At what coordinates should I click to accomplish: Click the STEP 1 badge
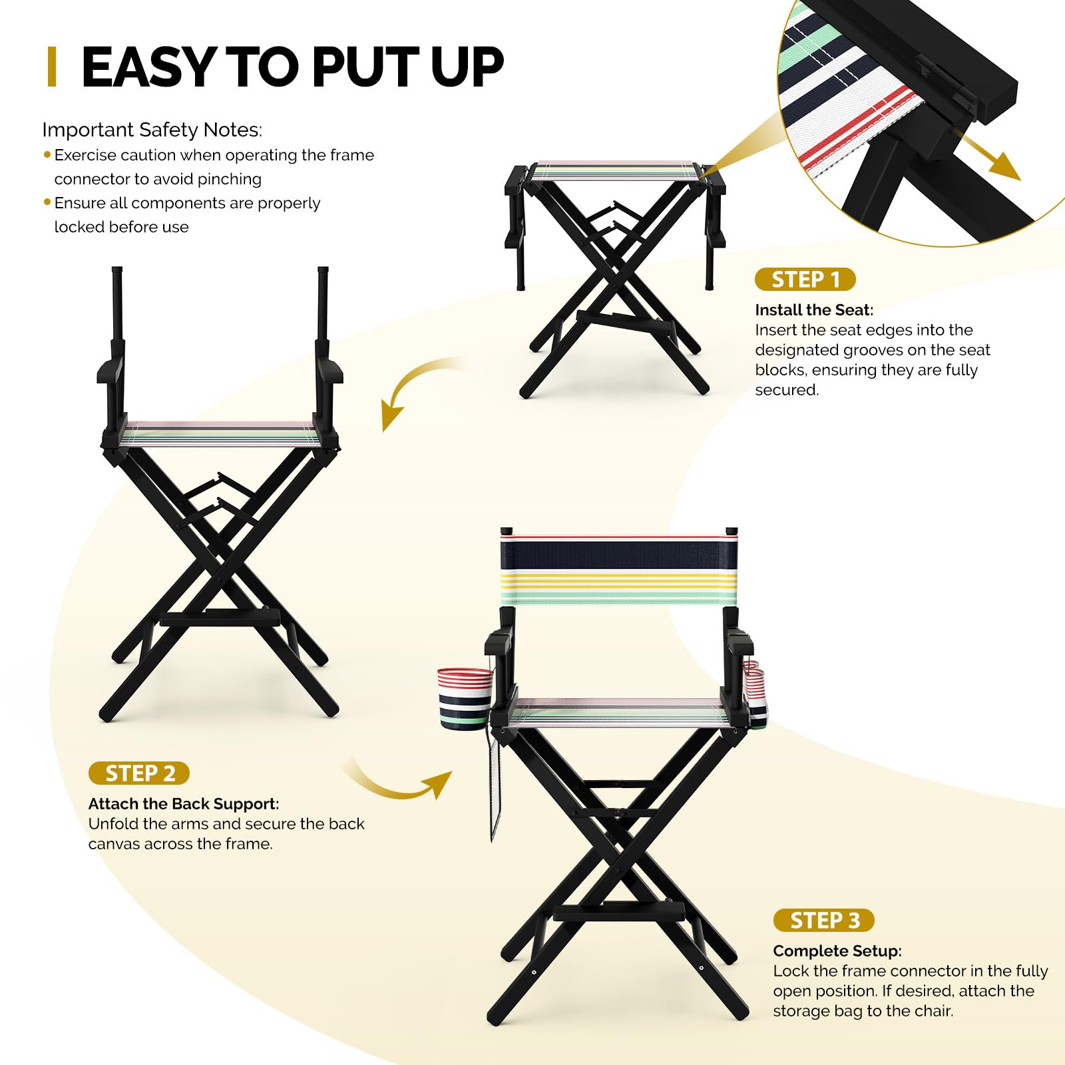click(805, 280)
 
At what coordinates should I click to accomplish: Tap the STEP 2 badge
click(139, 773)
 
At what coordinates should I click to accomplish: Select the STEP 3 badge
click(824, 921)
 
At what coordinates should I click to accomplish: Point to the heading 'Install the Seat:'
click(814, 310)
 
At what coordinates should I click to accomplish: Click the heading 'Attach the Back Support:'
click(184, 804)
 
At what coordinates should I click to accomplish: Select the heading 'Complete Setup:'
click(837, 951)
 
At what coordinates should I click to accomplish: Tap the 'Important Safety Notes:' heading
click(152, 130)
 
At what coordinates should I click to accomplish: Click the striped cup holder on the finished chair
click(465, 698)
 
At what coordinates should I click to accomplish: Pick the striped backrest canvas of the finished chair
click(619, 570)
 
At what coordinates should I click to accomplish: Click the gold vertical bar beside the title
click(52, 67)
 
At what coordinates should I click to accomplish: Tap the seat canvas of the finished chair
click(619, 712)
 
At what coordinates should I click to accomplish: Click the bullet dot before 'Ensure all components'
click(47, 202)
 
